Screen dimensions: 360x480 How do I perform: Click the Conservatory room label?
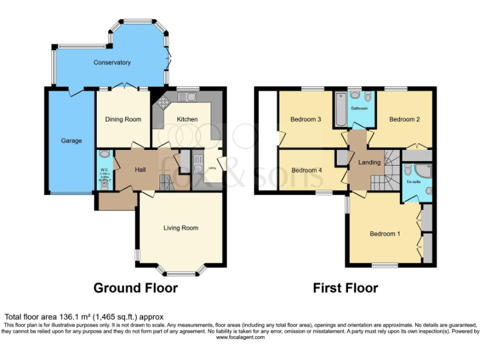point(112,62)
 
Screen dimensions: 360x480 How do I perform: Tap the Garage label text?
point(71,141)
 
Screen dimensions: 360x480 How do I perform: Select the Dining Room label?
point(122,119)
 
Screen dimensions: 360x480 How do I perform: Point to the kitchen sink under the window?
point(186,97)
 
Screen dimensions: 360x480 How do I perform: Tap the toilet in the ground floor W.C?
point(104,152)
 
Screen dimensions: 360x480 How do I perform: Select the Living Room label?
point(181,228)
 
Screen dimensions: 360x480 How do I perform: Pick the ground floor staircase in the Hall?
point(166,182)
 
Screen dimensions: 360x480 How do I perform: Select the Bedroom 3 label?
point(306,119)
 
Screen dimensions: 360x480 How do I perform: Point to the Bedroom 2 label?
point(404,119)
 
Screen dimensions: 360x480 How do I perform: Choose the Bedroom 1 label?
point(384,234)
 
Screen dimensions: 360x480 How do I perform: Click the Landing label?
point(369,162)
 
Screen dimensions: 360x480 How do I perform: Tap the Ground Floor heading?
point(135,288)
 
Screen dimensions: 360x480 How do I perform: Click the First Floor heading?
point(345,288)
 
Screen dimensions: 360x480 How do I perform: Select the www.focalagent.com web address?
point(240,337)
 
